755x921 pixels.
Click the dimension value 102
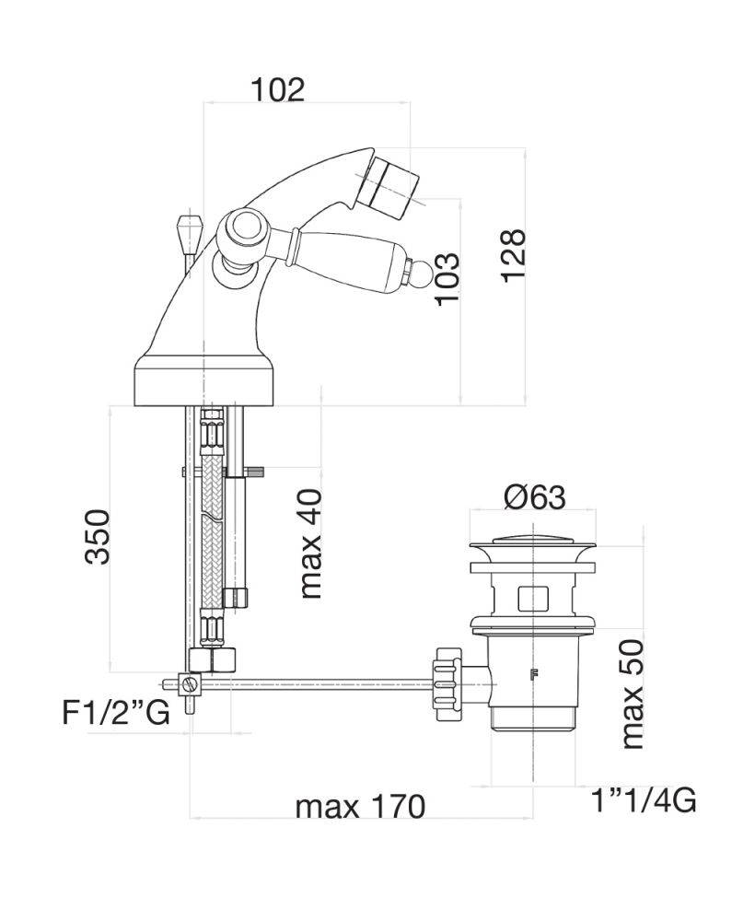[277, 89]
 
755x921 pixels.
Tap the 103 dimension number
[446, 281]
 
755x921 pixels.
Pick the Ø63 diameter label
[534, 497]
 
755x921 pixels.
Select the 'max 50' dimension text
[632, 694]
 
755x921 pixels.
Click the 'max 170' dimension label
[360, 807]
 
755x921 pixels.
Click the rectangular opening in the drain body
[532, 600]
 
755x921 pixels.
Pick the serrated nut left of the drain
[447, 682]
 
